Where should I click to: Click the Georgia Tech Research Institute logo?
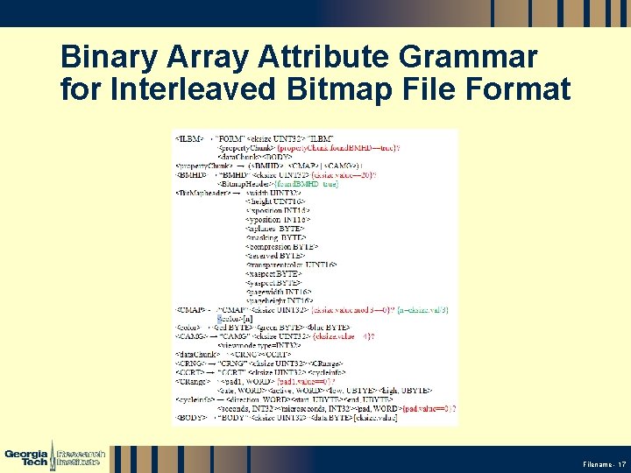click(x=54, y=456)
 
